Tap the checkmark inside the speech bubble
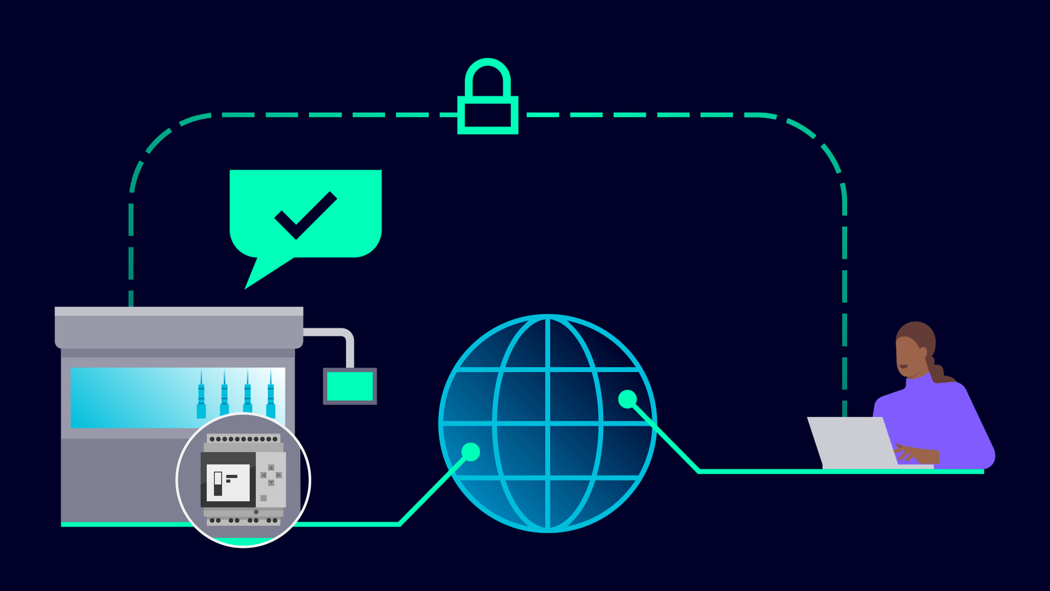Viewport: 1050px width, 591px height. [x=305, y=215]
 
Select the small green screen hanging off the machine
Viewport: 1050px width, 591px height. [x=350, y=386]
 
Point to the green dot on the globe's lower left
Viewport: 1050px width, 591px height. [x=471, y=452]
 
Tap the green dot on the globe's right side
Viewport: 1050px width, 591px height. [x=627, y=399]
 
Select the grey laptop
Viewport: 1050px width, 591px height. [x=850, y=441]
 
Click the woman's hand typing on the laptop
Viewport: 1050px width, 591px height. [x=911, y=453]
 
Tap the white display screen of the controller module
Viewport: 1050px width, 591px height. [x=228, y=482]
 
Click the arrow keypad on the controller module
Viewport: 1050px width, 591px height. [x=271, y=475]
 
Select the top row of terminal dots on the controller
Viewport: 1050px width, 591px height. [x=243, y=439]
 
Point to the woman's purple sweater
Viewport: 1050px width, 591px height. [x=940, y=420]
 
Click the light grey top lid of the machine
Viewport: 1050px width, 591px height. [x=178, y=312]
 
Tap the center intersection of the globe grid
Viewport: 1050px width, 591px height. [x=548, y=423]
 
